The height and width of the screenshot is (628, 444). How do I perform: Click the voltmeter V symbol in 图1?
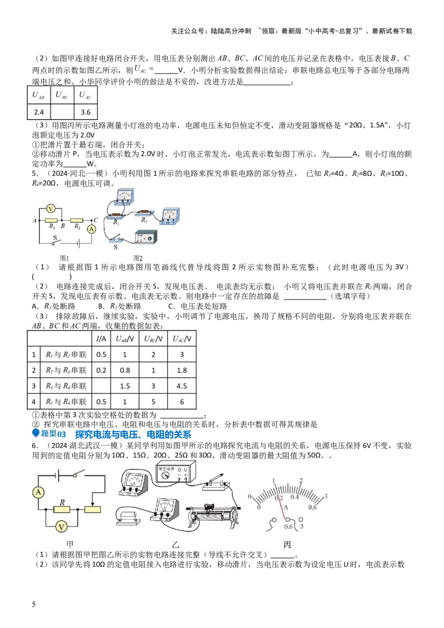[x=51, y=209]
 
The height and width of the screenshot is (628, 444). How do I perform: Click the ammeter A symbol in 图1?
[x=93, y=229]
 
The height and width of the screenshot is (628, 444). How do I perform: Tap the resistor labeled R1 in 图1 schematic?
[x=52, y=220]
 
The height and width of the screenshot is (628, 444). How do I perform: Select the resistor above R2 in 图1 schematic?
[x=77, y=220]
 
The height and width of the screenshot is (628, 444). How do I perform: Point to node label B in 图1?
[x=63, y=226]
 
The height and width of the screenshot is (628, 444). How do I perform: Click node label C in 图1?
[x=97, y=220]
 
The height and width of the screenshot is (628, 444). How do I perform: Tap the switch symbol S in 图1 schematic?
[x=54, y=242]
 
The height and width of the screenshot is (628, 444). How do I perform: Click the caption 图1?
[x=64, y=258]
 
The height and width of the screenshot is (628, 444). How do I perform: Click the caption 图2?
[x=138, y=258]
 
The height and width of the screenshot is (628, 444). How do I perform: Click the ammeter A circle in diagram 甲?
[x=38, y=492]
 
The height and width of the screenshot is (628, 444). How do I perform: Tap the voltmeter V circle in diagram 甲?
[x=63, y=526]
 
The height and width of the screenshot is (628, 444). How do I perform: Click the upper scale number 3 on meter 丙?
[x=326, y=496]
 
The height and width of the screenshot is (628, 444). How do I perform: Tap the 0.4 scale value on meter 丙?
[x=295, y=497]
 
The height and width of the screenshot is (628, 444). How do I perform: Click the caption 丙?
[x=287, y=545]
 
